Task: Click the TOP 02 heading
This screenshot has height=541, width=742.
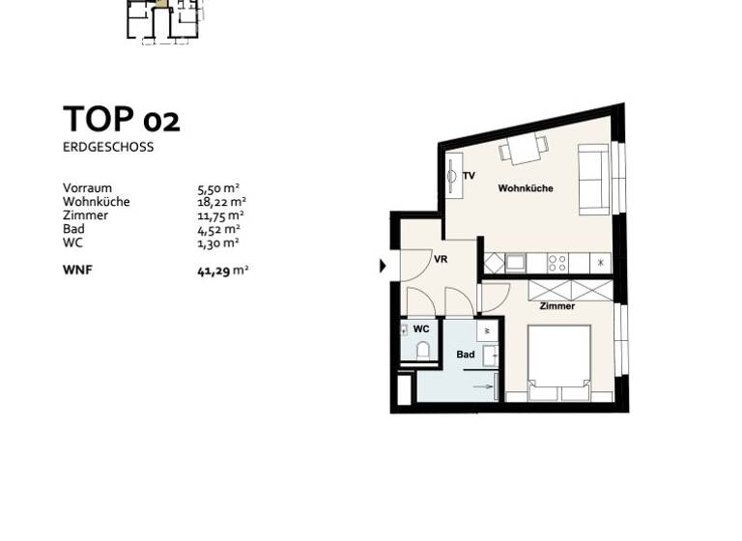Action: click(121, 120)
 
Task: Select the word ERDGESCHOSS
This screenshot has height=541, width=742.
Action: click(108, 148)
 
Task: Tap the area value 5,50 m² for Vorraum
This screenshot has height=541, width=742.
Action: click(218, 188)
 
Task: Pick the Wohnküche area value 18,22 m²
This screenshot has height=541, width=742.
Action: click(219, 202)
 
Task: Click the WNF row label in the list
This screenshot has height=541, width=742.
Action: click(77, 271)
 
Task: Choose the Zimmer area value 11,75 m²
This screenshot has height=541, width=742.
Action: click(219, 215)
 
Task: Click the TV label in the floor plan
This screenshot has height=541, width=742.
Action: click(469, 176)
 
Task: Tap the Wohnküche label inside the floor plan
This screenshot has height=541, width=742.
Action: click(525, 188)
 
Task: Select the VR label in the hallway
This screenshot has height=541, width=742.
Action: click(440, 260)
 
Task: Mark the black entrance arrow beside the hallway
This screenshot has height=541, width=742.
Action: click(383, 266)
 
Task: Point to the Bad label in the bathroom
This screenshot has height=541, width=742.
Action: click(465, 355)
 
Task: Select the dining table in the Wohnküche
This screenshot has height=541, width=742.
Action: click(523, 149)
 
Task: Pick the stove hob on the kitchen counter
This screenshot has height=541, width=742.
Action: click(557, 262)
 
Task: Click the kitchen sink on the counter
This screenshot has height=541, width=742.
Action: click(515, 262)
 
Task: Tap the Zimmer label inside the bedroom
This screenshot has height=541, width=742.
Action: click(557, 306)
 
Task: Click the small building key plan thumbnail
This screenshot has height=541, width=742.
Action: click(164, 19)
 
